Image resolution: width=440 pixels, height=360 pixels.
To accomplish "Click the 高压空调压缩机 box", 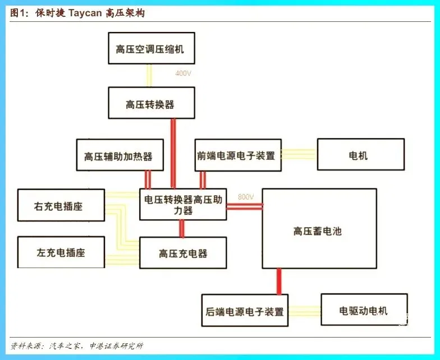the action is pos(149,49).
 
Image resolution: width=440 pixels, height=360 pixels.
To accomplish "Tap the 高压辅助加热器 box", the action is pos(120,155).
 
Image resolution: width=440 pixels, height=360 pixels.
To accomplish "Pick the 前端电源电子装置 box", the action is pos(238,155).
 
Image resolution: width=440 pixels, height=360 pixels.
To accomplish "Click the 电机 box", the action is pos(360,155).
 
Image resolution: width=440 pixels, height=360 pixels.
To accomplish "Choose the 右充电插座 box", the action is pos(61,205).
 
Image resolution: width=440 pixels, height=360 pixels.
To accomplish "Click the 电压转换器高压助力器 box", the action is pos(183,204).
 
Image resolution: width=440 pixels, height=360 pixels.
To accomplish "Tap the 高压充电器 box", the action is pos(183,253).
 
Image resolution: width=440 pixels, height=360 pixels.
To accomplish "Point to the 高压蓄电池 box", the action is pos(319,229).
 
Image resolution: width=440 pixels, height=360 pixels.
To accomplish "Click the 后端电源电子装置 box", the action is pos(244,310).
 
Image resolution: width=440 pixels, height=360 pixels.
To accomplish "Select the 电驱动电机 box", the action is pos(364,310).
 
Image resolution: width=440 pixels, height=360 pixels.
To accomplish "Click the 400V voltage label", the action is pos(184,74).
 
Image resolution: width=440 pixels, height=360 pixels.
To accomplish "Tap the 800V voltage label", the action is pos(246,197).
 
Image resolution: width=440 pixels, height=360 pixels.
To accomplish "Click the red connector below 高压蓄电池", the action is pos(278,281).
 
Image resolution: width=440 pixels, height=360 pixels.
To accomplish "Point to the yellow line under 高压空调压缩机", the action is pos(149,76).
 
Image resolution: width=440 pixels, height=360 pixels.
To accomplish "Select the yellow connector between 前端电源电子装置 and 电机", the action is pos(299,154).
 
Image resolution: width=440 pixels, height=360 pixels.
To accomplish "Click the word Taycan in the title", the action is pos(86,13).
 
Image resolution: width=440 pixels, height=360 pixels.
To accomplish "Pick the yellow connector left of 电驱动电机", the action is pos(304,310).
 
